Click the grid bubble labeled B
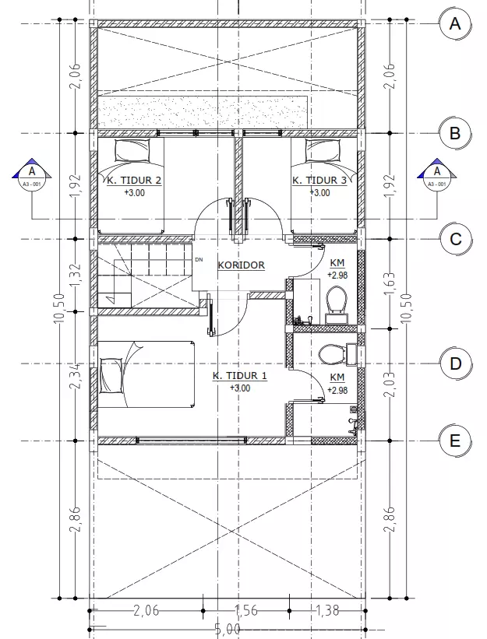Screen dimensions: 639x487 tap(455, 133)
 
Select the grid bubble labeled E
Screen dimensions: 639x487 tap(455, 441)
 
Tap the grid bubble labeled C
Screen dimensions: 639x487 tap(455, 239)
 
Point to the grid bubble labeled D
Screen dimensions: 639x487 tap(455, 363)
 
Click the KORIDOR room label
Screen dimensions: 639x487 tap(241, 265)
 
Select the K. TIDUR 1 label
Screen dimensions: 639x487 tap(240, 376)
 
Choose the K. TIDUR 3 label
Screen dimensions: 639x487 tap(319, 181)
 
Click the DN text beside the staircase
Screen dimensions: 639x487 tap(199, 259)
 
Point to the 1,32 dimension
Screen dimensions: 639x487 tap(76, 276)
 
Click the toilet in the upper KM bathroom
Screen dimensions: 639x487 tap(337, 300)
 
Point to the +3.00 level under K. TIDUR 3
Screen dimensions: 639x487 tap(319, 192)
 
